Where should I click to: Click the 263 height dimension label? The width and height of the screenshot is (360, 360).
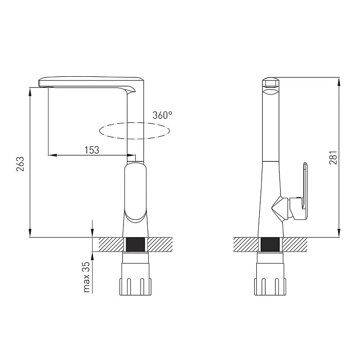(20, 164)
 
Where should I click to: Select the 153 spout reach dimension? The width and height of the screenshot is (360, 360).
(92, 150)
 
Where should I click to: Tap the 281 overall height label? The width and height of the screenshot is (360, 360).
(333, 157)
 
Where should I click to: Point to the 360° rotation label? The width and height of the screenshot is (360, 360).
(163, 115)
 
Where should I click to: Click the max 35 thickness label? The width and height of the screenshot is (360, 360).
(87, 277)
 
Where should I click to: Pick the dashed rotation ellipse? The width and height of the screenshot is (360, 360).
(135, 122)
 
